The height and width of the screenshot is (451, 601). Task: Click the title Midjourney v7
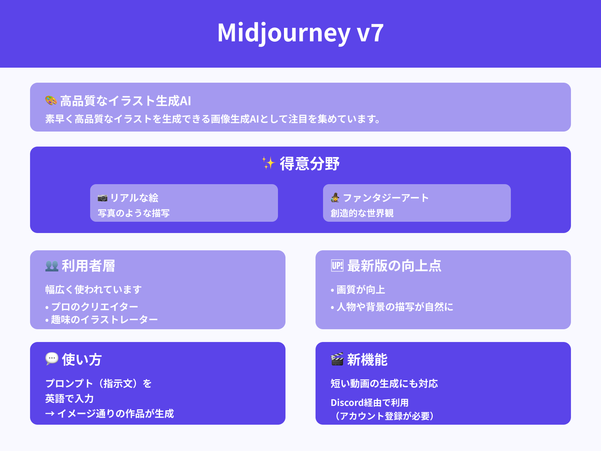(300, 33)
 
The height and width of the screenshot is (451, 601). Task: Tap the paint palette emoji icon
(51, 100)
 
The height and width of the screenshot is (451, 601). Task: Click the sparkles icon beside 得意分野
(268, 163)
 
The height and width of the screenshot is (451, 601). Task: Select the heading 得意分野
(310, 164)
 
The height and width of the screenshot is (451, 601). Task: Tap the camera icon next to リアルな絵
(102, 198)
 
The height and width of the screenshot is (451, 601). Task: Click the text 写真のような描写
(134, 213)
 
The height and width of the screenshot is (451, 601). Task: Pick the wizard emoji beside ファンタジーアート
(335, 197)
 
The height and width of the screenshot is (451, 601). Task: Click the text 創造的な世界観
(362, 213)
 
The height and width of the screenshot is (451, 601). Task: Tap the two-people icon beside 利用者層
(52, 266)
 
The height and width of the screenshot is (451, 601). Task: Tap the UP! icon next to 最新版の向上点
(337, 266)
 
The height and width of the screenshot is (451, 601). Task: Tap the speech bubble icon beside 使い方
(52, 359)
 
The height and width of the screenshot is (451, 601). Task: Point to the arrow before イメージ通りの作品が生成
(50, 414)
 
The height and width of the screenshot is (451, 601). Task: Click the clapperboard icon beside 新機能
(337, 359)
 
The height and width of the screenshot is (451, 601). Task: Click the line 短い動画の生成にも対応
(384, 384)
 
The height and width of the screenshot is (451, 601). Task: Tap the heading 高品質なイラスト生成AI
(125, 101)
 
